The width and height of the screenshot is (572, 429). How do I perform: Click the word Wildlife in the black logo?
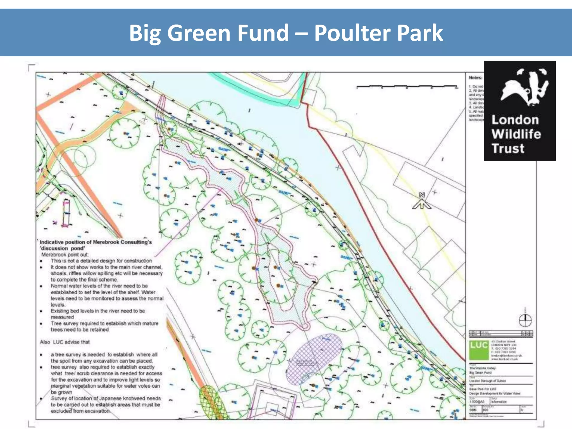click(x=516, y=134)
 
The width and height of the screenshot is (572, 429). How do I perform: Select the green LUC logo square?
click(x=479, y=350)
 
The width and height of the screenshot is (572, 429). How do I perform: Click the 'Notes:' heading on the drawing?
click(x=475, y=78)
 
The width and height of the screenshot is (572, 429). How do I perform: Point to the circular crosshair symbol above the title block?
click(x=525, y=320)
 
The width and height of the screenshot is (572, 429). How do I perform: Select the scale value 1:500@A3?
click(x=477, y=402)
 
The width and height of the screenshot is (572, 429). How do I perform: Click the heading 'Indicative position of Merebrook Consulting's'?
click(x=96, y=242)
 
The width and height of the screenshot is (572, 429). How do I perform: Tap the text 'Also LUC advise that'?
click(x=65, y=342)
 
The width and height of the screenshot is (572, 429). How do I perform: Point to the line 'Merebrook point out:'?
click(x=65, y=255)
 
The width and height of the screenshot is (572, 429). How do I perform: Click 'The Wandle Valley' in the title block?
click(x=482, y=368)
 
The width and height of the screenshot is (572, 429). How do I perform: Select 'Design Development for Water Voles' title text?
click(x=495, y=394)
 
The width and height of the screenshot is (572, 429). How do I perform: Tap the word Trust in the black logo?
click(x=508, y=149)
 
